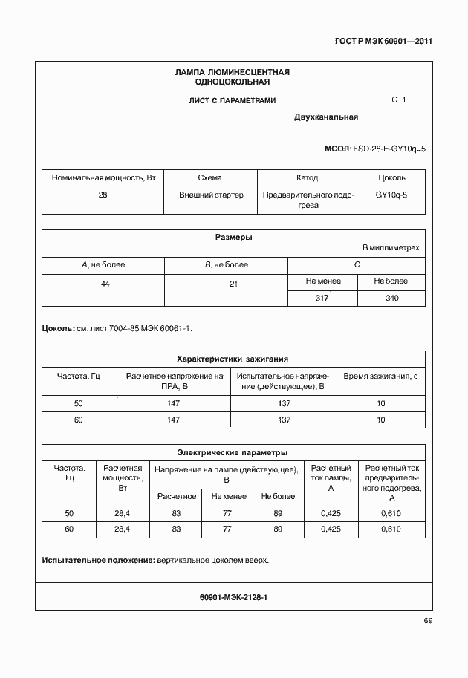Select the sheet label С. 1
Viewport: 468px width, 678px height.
click(398, 100)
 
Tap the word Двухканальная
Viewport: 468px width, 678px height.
click(326, 117)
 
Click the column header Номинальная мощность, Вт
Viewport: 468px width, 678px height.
click(103, 178)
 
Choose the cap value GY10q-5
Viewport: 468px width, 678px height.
click(391, 195)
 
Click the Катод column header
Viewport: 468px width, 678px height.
click(307, 178)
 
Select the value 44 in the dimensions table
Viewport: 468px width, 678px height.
click(104, 284)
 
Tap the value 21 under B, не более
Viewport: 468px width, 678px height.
click(226, 284)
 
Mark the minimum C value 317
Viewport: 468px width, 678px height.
click(322, 298)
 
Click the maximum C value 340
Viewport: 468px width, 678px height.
click(391, 298)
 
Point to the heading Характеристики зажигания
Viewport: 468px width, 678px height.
click(233, 358)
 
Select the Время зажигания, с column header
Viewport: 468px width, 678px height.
click(380, 377)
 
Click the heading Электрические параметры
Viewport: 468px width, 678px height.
click(233, 452)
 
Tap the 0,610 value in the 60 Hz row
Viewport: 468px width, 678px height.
click(391, 529)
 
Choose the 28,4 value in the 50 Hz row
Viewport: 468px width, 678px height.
click(123, 514)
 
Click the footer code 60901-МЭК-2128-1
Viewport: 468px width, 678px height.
click(233, 596)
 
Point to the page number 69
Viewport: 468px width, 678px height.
click(427, 621)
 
